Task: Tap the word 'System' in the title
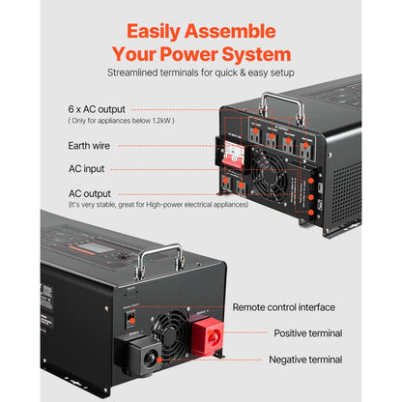tap(251, 54)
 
